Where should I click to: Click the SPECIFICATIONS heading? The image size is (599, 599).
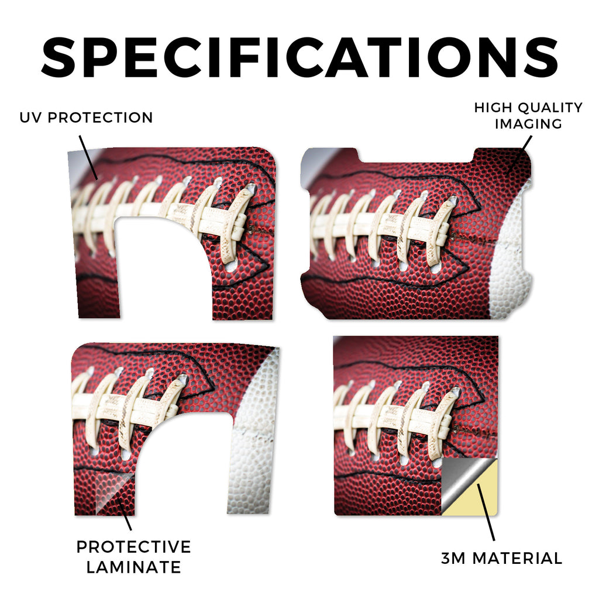(299, 57)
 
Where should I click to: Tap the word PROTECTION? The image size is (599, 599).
(100, 118)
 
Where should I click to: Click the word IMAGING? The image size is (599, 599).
(529, 124)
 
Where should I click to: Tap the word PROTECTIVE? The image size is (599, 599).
(134, 547)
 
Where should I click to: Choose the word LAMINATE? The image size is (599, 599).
(134, 567)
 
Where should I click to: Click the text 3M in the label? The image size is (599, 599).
(453, 558)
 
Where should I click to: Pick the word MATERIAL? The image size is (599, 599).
(517, 558)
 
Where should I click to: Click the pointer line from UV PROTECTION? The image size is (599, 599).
(88, 157)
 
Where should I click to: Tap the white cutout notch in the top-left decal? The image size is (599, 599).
(163, 267)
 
